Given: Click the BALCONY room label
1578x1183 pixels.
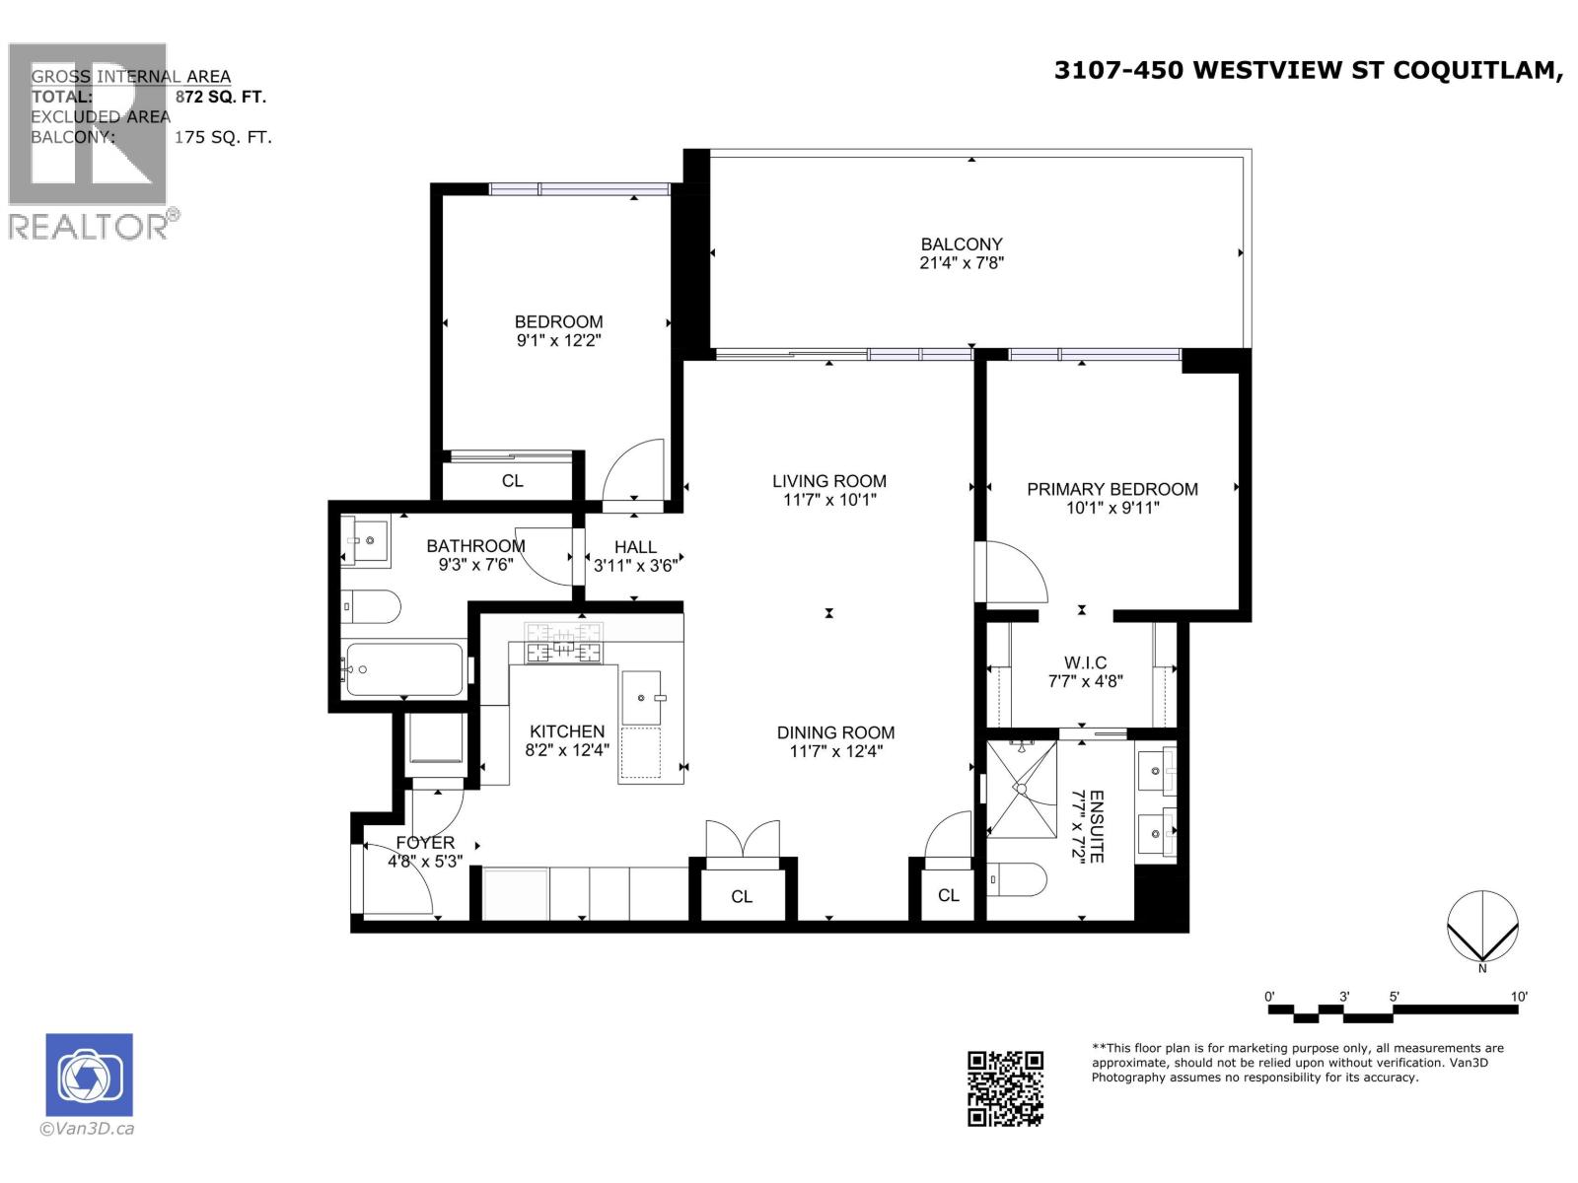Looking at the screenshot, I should pos(961,244).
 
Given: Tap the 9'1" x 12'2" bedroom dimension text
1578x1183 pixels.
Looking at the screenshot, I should pos(558,341).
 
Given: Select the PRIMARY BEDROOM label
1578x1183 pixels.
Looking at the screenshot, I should pos(1112,489).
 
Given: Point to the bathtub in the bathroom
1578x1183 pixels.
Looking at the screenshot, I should pos(402,670).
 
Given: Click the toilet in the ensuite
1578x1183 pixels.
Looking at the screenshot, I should pos(1015,880).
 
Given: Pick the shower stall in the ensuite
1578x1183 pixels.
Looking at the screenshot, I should pos(1022,790).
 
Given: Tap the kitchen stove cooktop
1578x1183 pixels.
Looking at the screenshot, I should pos(562,644).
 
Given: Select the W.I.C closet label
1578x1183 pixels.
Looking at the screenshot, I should pos(1085,662).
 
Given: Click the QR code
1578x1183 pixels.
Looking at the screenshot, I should pos(1005,1088).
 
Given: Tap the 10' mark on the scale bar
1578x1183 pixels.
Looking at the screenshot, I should pos(1519,998).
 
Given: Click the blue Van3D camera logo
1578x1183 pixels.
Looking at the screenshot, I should pos(89,1075).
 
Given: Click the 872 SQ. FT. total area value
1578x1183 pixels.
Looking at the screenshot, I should pos(220,97).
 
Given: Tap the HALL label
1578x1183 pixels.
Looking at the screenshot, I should pos(635,547).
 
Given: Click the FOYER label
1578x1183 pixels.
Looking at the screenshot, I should pos(425,843).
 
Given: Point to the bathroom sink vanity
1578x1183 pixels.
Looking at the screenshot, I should pos(367,539).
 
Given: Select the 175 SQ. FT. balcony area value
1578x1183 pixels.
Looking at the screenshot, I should pos(223,137).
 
